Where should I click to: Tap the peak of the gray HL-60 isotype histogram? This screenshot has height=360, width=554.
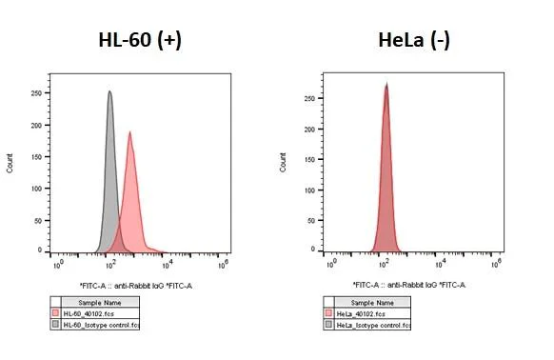tap(109, 92)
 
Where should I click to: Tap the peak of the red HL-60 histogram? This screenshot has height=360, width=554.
tap(129, 132)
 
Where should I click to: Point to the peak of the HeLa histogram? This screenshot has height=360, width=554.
tap(386, 84)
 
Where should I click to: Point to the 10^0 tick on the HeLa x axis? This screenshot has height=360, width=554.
tap(331, 261)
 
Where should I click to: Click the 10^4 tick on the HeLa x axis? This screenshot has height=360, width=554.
tap(442, 261)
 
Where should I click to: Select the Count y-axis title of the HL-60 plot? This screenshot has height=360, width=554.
tap(10, 164)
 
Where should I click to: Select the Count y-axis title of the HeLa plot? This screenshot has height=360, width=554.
tap(283, 164)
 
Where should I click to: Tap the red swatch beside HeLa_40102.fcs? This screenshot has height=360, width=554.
tap(329, 312)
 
